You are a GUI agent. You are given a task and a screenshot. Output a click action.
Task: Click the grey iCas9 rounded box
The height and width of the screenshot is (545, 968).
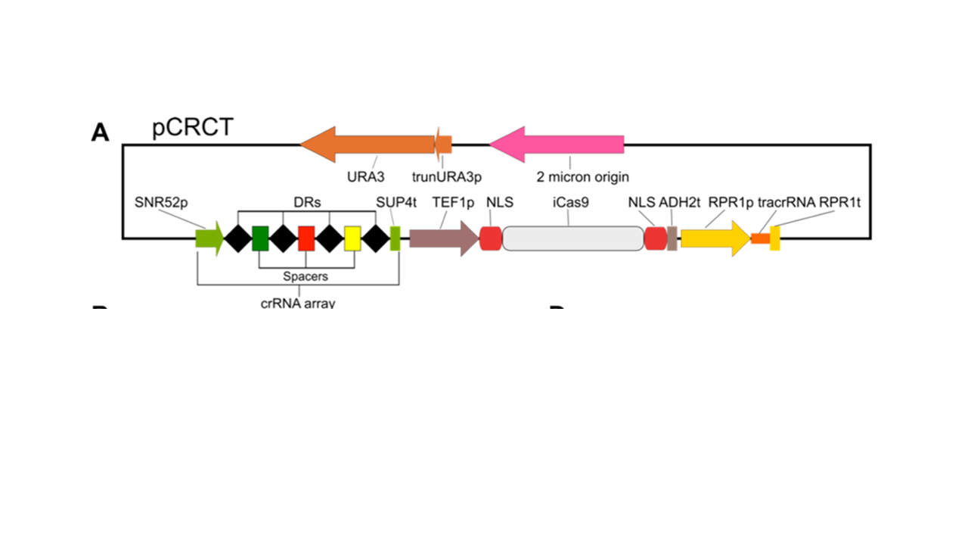pos(572,238)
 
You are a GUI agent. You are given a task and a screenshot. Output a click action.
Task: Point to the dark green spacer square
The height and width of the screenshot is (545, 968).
pos(260,238)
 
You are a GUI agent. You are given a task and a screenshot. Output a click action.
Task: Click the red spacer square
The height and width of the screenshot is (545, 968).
pos(306,238)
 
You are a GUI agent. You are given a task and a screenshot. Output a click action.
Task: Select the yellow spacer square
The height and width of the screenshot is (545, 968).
pos(352,238)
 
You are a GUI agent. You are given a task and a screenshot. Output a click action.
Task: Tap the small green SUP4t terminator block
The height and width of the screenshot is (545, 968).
pos(395,238)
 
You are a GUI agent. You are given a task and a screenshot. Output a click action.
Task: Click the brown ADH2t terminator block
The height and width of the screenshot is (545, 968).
pos(672,238)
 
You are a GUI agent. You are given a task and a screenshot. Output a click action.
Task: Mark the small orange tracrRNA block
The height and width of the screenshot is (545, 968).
pos(759,238)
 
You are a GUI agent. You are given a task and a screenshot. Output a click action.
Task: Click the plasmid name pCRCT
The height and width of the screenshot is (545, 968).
pos(192,128)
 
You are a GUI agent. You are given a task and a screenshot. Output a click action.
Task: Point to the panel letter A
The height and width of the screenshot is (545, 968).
pos(101,133)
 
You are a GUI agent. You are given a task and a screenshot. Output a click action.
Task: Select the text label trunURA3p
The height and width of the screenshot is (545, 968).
pos(446,178)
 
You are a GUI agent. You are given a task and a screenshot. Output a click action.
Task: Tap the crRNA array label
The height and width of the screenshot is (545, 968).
pos(297,303)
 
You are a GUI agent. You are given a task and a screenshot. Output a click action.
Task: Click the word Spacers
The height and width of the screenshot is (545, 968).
pos(306,276)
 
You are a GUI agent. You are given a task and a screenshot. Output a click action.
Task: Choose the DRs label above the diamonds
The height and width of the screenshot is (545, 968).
pos(306,202)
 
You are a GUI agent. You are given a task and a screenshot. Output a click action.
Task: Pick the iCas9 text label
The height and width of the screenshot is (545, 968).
pos(571,202)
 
